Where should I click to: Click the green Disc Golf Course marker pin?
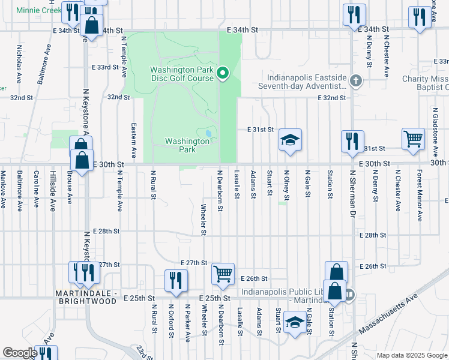(223, 74)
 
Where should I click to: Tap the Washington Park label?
(187, 145)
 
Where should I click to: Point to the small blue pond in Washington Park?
(208, 133)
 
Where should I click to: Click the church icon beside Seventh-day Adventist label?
(356, 80)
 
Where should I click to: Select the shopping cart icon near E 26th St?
(223, 274)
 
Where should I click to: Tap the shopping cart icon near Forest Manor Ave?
(414, 139)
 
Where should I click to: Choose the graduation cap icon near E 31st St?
(290, 140)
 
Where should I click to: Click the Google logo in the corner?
(20, 353)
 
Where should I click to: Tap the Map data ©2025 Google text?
(411, 355)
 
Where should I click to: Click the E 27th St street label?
(193, 263)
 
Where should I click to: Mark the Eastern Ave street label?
(133, 137)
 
